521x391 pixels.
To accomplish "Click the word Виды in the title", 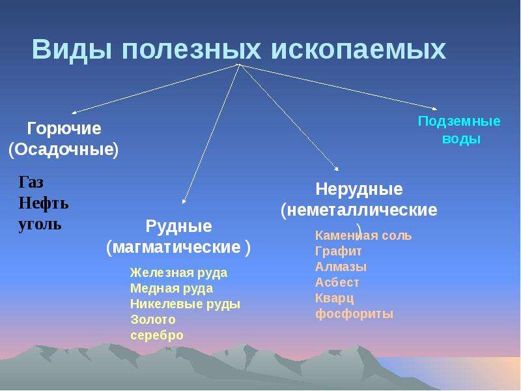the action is (72, 50).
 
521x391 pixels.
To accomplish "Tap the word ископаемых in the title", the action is (358, 50).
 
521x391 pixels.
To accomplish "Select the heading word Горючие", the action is (64, 129).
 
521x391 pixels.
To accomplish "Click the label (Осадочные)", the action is (63, 150).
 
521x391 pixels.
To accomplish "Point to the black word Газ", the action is (31, 182).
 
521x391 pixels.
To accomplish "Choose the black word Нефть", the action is (44, 203).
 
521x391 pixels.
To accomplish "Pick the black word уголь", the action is (40, 224).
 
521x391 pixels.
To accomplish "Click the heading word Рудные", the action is (178, 227).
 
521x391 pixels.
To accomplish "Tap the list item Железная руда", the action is (178, 273).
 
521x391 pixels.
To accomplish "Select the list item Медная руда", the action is (171, 289).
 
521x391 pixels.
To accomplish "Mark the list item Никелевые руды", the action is (185, 304).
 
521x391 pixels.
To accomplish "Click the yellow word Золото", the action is (153, 319).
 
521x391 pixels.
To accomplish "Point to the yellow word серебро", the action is (157, 336).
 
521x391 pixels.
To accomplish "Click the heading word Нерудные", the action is (359, 190).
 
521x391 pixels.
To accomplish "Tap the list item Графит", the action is (338, 252).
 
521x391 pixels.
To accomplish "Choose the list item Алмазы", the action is (341, 267).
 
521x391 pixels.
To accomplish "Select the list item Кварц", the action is (334, 298).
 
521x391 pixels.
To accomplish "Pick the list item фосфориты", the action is (354, 314).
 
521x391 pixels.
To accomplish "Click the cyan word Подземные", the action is (459, 121).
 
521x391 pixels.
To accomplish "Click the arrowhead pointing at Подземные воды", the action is (435, 108).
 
